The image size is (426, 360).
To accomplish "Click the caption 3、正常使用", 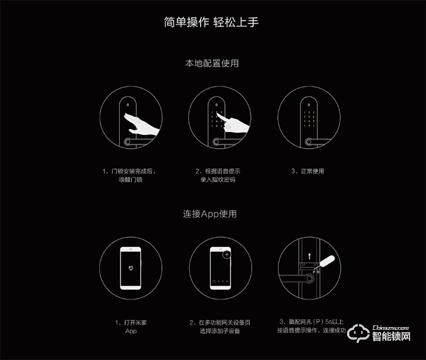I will point(307,171).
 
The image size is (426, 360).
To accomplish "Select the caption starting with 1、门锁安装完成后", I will point(129,175).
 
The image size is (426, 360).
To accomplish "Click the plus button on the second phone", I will point(227,255).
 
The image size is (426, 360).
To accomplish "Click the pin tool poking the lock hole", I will point(329,265).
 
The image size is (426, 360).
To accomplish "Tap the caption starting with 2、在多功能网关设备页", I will point(219,326).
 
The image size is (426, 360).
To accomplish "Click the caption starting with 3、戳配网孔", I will point(311,326).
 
